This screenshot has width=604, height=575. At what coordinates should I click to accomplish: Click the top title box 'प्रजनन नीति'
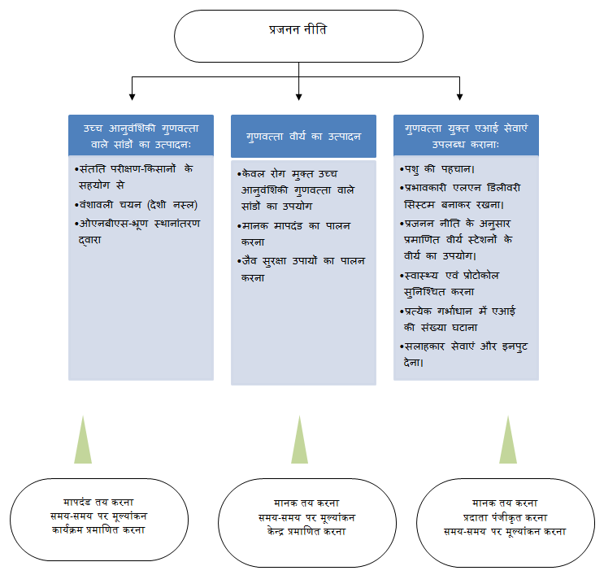pos(298,37)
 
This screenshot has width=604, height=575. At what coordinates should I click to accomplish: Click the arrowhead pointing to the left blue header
pos(133,97)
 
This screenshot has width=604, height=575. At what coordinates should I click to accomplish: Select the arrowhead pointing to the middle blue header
pos(298,97)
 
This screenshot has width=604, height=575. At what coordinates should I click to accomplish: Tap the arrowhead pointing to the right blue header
pos(459,97)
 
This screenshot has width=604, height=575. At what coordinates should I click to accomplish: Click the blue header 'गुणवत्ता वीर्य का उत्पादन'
pos(303,136)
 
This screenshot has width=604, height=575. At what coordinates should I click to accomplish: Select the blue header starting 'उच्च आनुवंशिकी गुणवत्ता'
pos(141,135)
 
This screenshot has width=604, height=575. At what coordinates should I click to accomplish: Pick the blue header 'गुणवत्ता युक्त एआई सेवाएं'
pos(466,135)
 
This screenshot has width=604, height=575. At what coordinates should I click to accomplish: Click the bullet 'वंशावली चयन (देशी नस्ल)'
pos(137,205)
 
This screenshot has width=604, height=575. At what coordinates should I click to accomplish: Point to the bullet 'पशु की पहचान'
pos(437,169)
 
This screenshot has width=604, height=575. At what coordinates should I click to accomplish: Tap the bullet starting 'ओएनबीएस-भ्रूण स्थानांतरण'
pos(137,232)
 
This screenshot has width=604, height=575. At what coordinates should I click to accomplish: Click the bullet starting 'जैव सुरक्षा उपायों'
pos(302,269)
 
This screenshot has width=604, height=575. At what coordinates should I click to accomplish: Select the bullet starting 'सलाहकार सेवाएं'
pos(463,354)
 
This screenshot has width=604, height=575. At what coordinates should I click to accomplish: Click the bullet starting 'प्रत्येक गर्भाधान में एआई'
pos(458,319)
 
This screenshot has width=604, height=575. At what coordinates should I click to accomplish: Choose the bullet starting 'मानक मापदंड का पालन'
pos(294,233)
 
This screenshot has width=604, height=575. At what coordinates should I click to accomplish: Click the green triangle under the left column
pos(83,443)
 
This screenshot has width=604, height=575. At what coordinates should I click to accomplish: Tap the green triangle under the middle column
pos(300,443)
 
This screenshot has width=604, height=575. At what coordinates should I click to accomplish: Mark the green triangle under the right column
pos(508,443)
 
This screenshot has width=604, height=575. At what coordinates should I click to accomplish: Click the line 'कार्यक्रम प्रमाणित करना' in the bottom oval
pos(98,530)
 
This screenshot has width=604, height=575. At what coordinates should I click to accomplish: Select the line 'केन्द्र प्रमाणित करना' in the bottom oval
pos(306,532)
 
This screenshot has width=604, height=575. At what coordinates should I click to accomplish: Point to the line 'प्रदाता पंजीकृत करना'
pos(505,518)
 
